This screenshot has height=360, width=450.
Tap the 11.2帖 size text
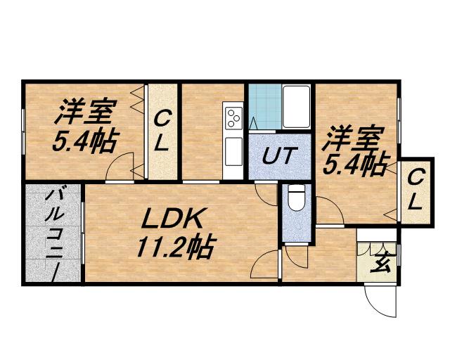(174, 247)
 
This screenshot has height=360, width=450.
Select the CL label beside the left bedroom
(161, 130)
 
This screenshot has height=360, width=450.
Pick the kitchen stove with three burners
(233, 118)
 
